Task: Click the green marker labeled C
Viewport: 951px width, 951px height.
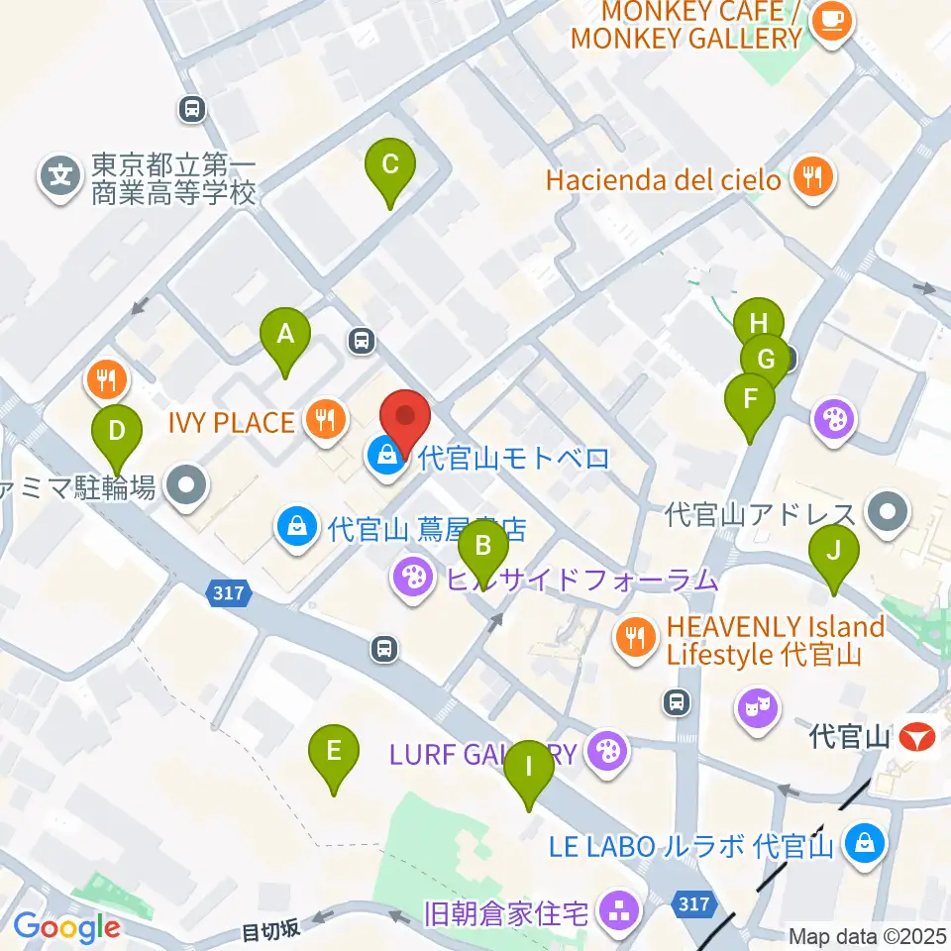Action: pyautogui.click(x=389, y=165)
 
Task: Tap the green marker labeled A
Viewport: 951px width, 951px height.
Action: pyautogui.click(x=285, y=335)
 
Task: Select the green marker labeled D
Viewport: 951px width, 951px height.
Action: pyautogui.click(x=117, y=432)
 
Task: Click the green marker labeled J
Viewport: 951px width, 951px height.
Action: pyautogui.click(x=834, y=550)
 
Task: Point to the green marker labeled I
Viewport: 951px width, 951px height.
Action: pyautogui.click(x=528, y=767)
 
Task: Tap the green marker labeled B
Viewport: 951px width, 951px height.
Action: pyautogui.click(x=483, y=545)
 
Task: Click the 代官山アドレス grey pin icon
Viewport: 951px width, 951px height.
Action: pyautogui.click(x=886, y=512)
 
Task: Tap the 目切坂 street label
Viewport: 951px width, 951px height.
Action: pyautogui.click(x=270, y=930)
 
